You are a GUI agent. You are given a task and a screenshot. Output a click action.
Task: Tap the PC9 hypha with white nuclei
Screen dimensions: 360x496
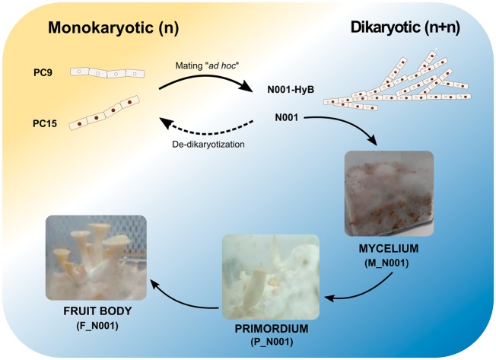pos(106,72)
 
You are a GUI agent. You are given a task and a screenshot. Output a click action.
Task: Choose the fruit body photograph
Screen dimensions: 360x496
pos(97,259)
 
